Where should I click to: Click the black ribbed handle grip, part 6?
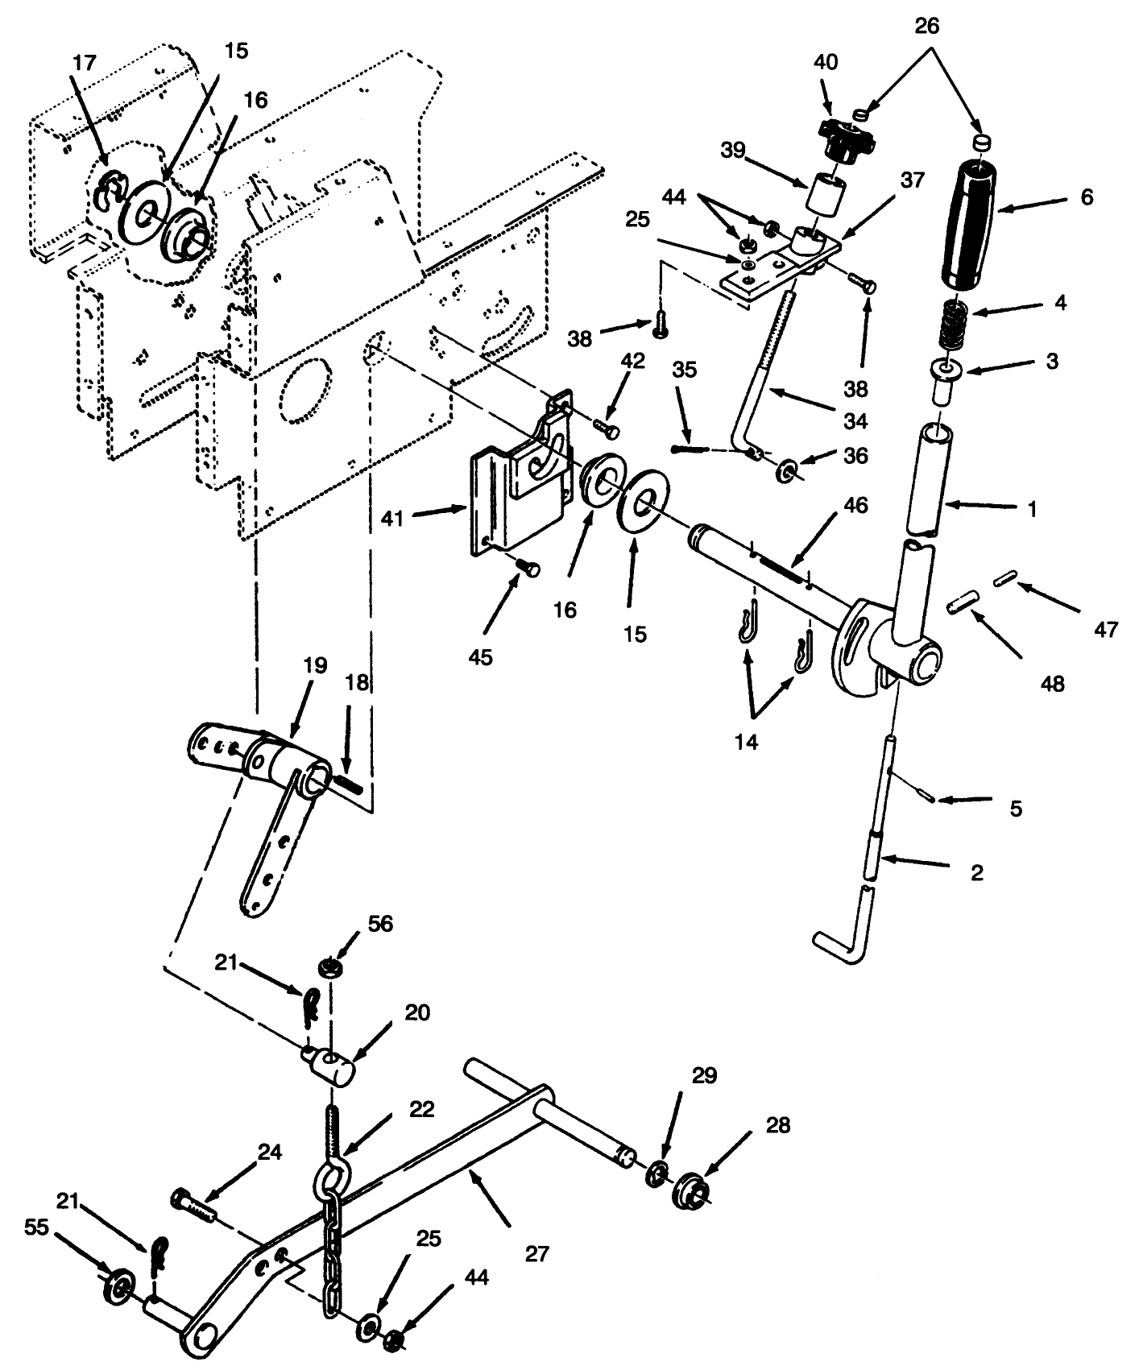tap(973, 225)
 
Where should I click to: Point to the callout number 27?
tap(537, 1254)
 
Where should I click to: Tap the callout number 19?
tap(314, 665)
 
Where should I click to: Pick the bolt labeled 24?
tap(193, 1205)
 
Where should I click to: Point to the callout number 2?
tap(977, 872)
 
